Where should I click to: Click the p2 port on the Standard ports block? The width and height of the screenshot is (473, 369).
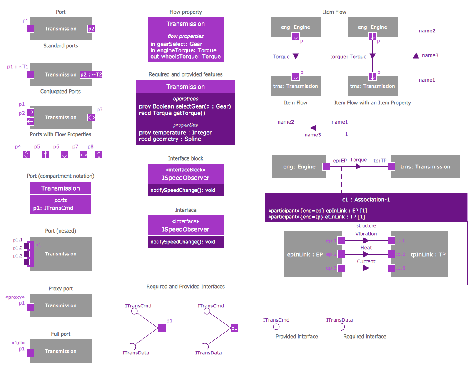click(91, 29)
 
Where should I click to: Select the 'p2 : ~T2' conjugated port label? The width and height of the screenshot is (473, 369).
click(91, 75)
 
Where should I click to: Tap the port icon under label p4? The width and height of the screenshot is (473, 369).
click(26, 155)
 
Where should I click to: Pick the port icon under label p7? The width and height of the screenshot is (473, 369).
click(84, 155)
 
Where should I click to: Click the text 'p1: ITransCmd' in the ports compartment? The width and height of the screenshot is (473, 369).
click(53, 208)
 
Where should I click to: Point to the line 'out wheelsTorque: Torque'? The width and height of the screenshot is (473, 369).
click(186, 57)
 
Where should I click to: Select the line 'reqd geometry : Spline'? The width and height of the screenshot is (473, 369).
click(170, 139)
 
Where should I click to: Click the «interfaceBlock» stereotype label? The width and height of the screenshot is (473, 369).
click(186, 170)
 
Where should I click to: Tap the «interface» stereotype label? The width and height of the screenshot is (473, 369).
click(186, 222)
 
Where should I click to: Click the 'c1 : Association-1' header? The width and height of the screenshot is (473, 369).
click(366, 200)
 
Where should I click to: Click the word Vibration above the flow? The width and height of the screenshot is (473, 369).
click(366, 234)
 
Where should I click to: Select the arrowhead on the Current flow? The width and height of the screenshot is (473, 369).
click(366, 268)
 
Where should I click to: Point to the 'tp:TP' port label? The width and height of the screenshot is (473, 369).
click(380, 160)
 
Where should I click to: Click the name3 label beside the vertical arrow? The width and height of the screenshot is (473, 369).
click(430, 55)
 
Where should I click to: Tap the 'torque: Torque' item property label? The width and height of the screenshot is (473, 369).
click(348, 57)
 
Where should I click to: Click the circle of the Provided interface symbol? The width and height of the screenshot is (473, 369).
click(276, 327)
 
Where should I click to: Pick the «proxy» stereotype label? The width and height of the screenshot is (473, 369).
click(15, 297)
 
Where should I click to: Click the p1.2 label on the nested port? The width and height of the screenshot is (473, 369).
click(17, 248)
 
